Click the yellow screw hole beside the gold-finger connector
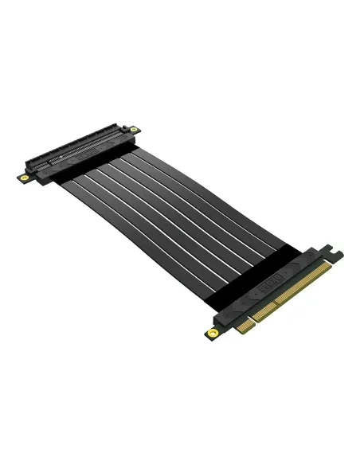(213, 332)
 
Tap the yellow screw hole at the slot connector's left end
(24, 177)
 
